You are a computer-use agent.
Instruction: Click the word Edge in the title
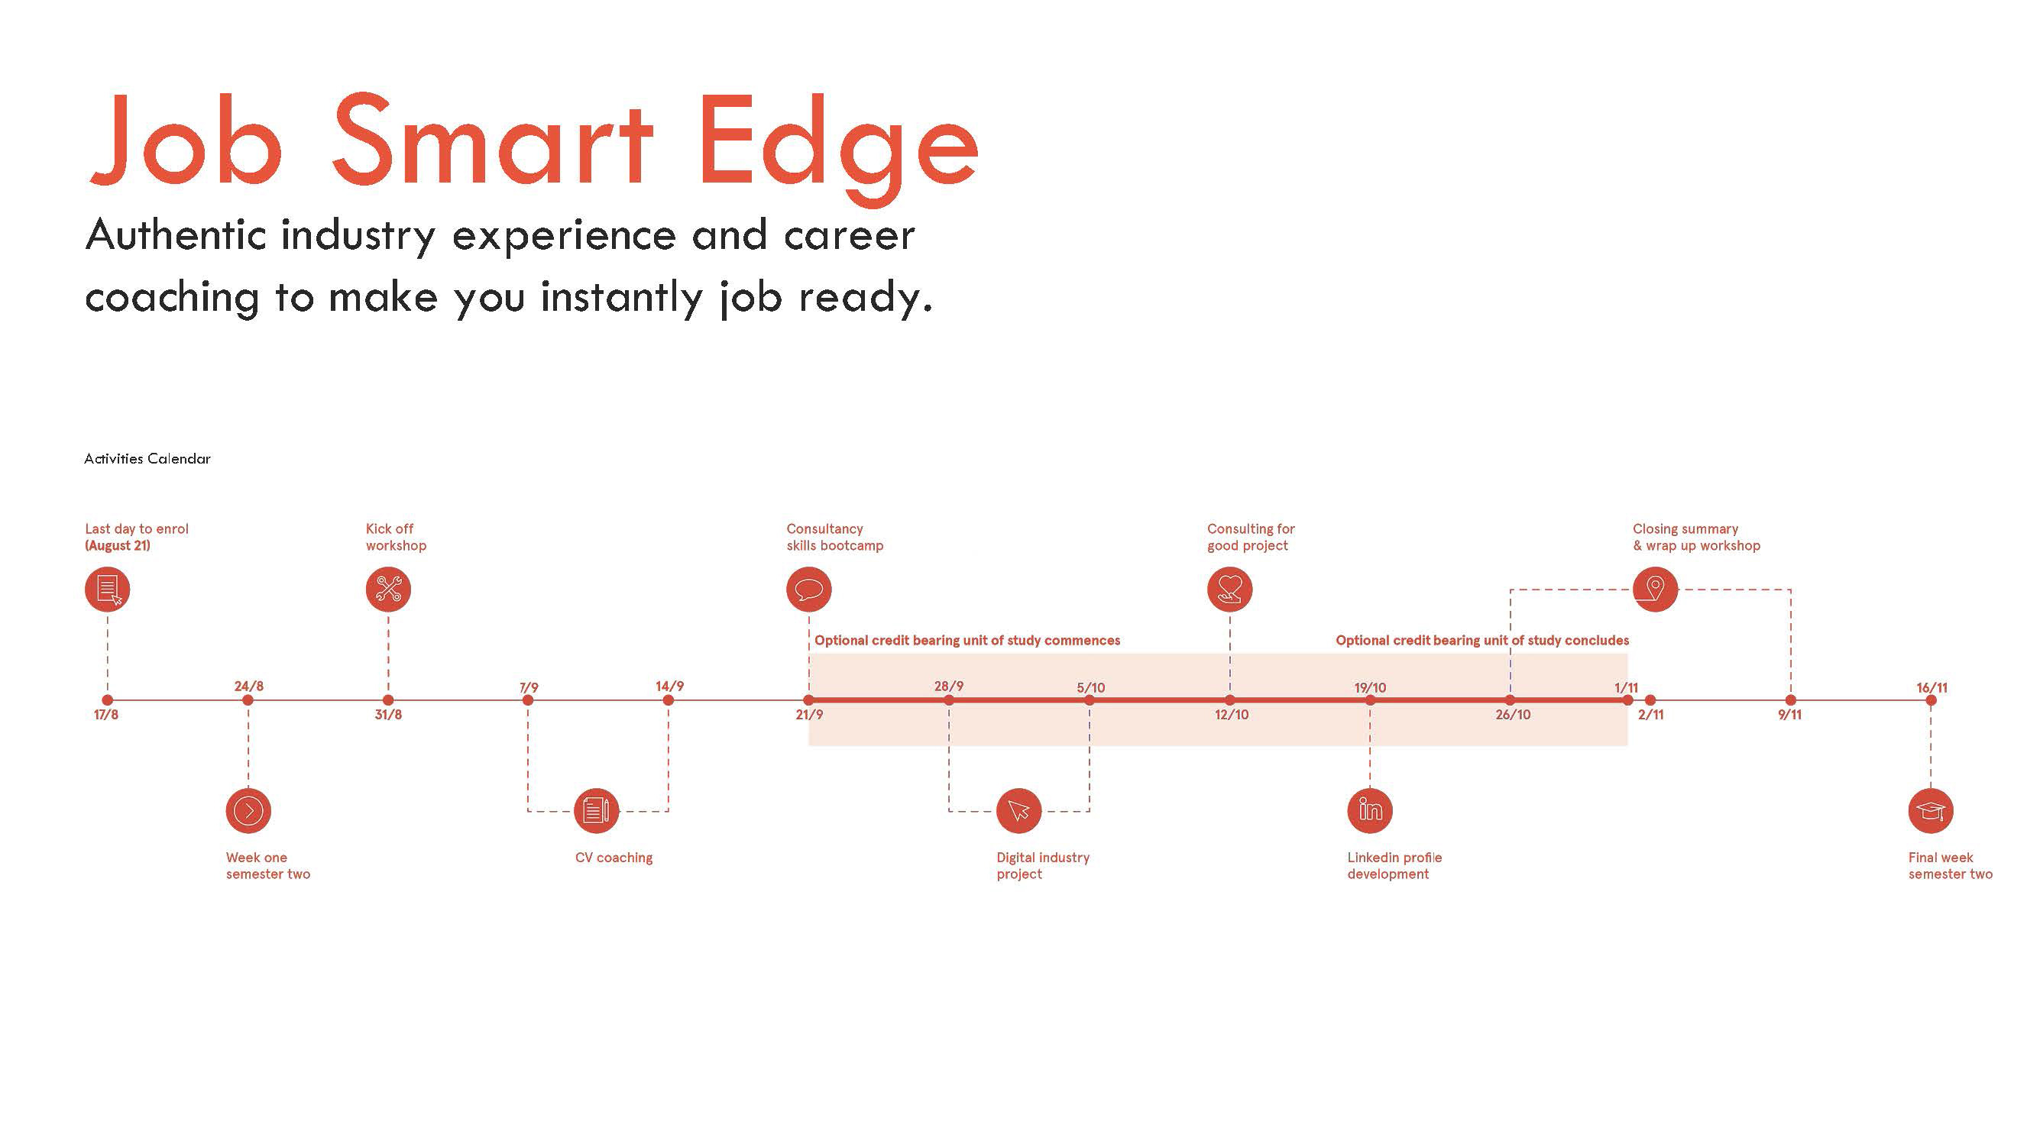[838, 143]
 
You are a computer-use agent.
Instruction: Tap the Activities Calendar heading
[147, 459]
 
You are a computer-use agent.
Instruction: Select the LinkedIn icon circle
[1369, 810]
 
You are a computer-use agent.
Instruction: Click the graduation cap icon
[1931, 810]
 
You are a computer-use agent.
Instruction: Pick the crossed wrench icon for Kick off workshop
[388, 589]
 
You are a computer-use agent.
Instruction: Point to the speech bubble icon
[808, 589]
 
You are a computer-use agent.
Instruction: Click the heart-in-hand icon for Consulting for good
[1229, 589]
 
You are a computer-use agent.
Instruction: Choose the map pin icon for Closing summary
[1655, 589]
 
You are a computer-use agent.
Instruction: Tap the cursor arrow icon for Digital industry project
[1018, 810]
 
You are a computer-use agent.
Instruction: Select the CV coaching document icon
[595, 810]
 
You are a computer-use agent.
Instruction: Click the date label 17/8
[106, 715]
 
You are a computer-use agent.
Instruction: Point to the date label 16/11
[1932, 687]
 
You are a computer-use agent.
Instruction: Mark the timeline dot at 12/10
[1229, 700]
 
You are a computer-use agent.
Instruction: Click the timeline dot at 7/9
[528, 700]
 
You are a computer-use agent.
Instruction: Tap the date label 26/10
[1513, 715]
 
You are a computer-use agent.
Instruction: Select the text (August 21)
[117, 545]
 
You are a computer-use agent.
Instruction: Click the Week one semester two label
[267, 865]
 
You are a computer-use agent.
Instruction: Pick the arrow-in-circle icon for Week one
[248, 810]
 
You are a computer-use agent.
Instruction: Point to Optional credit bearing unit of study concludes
[1481, 641]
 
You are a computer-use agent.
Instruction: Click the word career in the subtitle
[849, 235]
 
